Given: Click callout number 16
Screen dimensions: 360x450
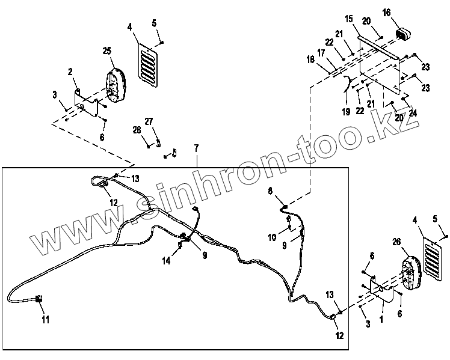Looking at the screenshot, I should (386, 12).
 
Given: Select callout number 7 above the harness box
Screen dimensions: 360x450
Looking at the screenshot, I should (196, 148).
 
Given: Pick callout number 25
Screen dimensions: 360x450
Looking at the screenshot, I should (108, 52).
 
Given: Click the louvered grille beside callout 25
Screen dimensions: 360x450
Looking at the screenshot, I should (149, 61).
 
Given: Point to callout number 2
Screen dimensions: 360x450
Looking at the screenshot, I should (70, 72).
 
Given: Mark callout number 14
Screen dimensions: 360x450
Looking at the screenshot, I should (166, 260).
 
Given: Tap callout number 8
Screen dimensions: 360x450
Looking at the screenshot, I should (270, 191).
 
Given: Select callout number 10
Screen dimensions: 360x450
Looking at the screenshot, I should (273, 237).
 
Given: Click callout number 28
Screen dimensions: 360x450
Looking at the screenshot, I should (137, 129).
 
